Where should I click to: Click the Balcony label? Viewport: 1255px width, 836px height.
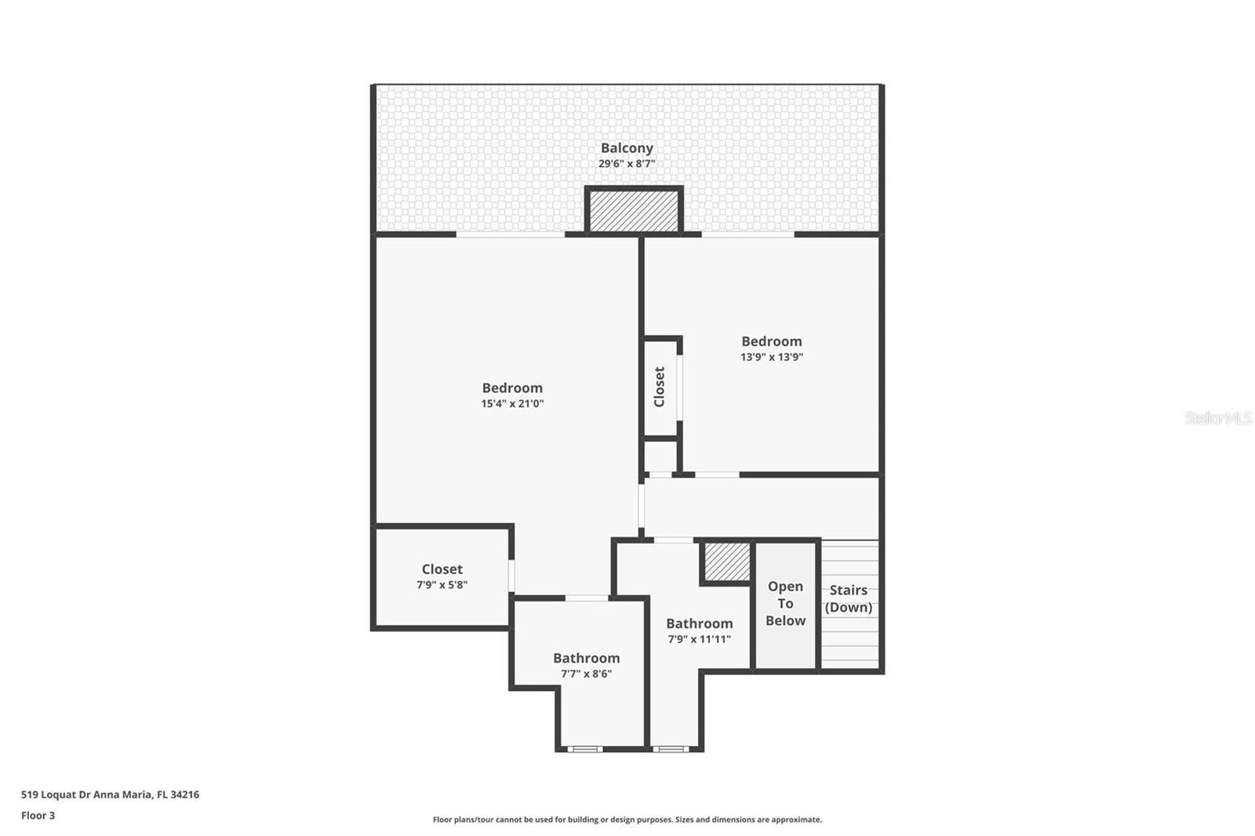click(627, 147)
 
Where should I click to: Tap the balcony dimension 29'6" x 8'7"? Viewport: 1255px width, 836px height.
click(627, 164)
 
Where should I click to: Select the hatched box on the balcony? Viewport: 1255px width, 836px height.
click(634, 211)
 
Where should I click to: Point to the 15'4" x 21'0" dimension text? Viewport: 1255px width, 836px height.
click(512, 404)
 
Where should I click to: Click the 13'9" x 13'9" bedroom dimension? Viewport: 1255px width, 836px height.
click(772, 357)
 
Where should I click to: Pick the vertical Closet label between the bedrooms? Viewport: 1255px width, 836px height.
click(660, 387)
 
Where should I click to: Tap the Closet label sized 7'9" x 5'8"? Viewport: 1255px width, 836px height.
click(442, 569)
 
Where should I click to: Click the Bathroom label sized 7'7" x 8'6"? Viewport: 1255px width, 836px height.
click(586, 658)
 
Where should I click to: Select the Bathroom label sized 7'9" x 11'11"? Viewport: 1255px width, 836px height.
click(699, 623)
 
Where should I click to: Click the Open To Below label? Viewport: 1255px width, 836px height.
click(785, 603)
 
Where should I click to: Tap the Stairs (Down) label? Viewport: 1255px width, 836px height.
click(849, 598)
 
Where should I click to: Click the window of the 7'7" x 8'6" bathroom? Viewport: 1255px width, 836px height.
click(584, 749)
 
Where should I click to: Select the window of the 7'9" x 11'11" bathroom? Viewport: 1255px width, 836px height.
click(670, 749)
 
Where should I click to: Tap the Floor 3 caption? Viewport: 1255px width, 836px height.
click(38, 816)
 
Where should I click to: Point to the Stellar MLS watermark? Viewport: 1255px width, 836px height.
click(1218, 418)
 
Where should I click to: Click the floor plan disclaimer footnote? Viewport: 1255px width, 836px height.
click(627, 820)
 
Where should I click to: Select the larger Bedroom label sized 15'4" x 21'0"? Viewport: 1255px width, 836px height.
click(512, 387)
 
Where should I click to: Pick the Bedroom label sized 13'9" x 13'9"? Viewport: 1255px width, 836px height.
click(772, 341)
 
